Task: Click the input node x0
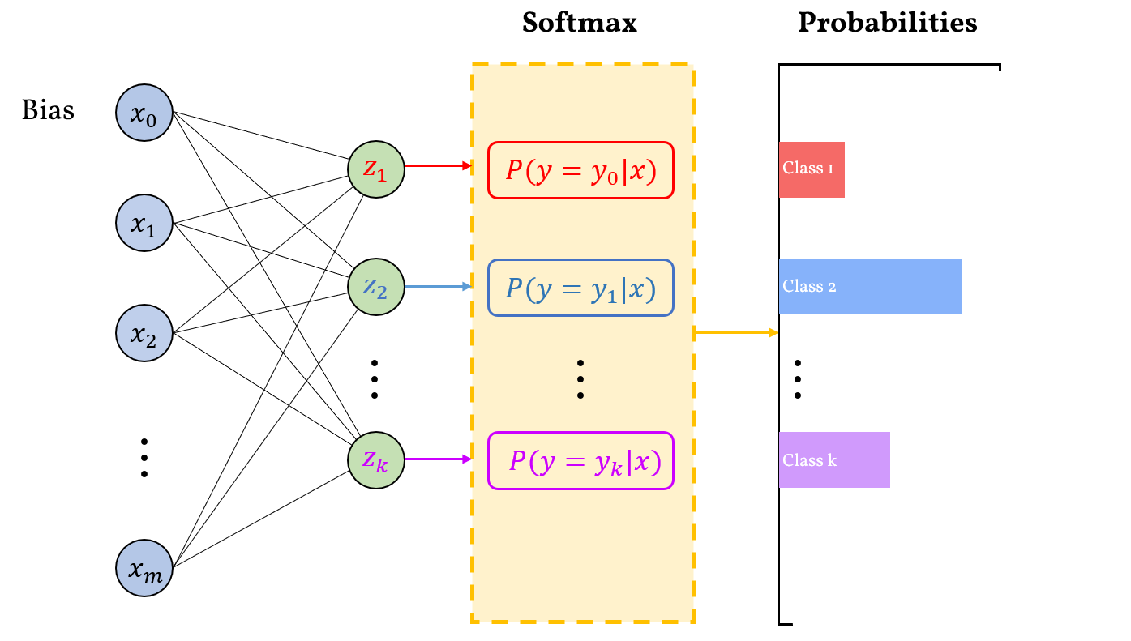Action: coord(145,113)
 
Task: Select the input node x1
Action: coord(145,222)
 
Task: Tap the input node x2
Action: coord(145,332)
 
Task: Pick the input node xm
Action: coord(145,566)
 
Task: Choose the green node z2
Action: coord(375,286)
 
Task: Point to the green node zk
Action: coord(375,459)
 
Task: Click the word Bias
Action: coord(48,109)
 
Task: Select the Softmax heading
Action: coord(579,23)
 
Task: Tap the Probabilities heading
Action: coord(887,23)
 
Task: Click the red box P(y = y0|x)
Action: coord(580,170)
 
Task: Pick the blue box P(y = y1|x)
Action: coord(580,288)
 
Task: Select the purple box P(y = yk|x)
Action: coord(580,461)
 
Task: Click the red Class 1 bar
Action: coord(812,169)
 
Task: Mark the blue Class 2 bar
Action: coord(870,286)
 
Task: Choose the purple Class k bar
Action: coord(834,460)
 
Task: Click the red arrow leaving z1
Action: coord(438,166)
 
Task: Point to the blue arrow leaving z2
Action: coord(438,286)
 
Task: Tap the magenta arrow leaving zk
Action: coord(438,459)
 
